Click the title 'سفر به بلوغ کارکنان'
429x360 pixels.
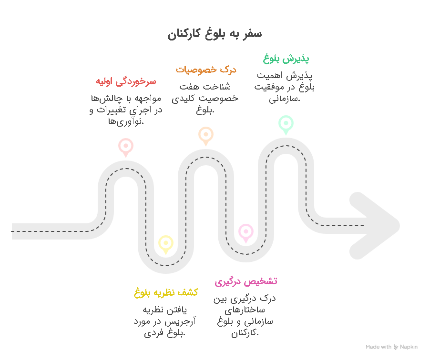[x=215, y=34]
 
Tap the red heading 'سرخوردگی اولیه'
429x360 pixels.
[x=126, y=81]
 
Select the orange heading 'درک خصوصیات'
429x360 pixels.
[x=206, y=70]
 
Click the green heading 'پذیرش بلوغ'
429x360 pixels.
[x=286, y=59]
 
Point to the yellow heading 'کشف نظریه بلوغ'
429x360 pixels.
[x=166, y=293]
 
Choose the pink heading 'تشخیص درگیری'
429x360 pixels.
[x=245, y=281]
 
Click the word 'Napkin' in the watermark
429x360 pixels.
[x=409, y=347]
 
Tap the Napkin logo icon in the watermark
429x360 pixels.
[x=396, y=347]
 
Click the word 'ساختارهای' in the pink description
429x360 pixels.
[x=245, y=310]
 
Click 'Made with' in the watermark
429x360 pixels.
[x=378, y=347]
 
